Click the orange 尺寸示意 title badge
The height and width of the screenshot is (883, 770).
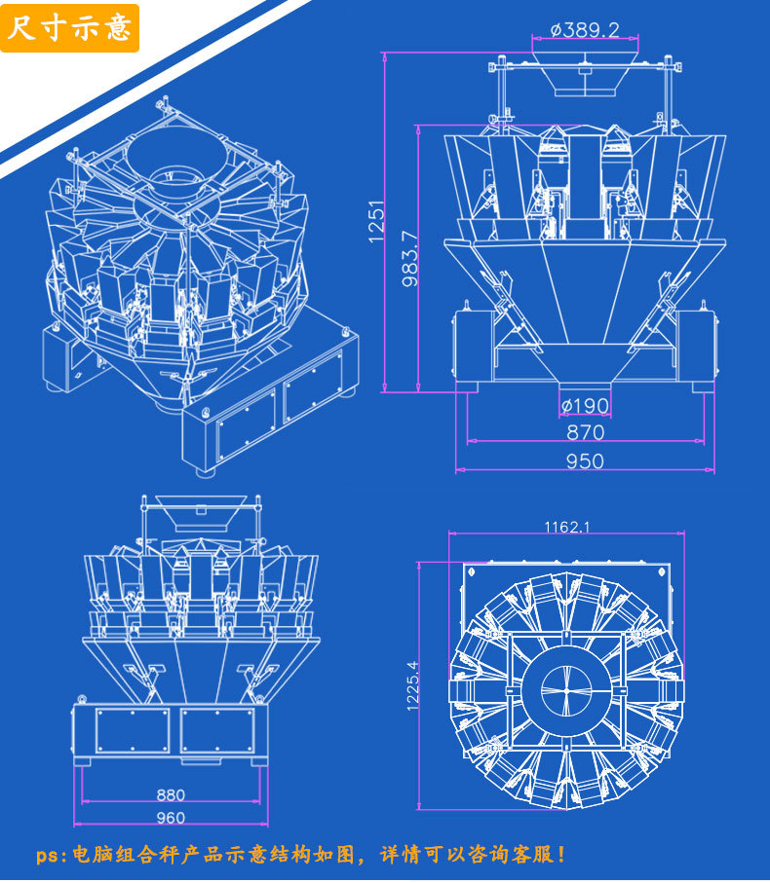click(69, 28)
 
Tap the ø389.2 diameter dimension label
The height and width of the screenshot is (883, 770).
click(585, 30)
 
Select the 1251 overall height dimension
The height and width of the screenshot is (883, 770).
click(376, 221)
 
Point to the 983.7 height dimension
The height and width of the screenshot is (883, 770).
click(410, 259)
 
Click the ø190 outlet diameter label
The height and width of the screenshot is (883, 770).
click(585, 405)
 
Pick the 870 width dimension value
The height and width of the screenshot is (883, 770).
click(585, 432)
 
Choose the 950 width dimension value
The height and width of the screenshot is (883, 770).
click(585, 461)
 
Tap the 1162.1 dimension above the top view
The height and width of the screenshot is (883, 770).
click(566, 527)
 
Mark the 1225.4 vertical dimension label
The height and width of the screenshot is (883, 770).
click(412, 685)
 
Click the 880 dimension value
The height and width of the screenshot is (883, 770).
click(171, 794)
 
